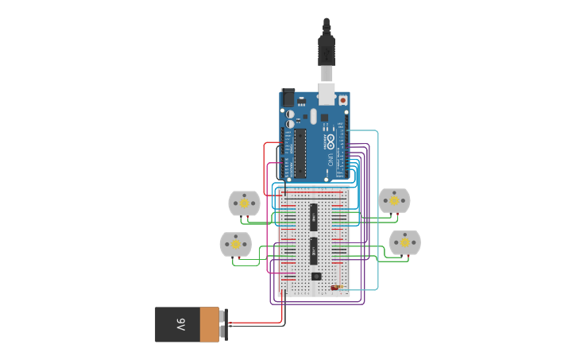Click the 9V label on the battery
[x=180, y=325]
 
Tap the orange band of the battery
[x=209, y=325]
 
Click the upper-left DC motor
[x=244, y=203]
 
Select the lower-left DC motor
[x=236, y=244]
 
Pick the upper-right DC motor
[x=394, y=201]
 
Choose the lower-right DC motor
[x=404, y=242]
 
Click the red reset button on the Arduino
[x=343, y=101]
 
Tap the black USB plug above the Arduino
[x=327, y=49]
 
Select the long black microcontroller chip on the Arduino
[x=301, y=153]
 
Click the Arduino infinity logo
[x=330, y=141]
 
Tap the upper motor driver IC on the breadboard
[x=315, y=213]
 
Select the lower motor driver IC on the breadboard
[x=315, y=250]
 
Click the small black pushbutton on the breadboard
[x=315, y=277]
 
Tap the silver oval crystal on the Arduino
[x=313, y=117]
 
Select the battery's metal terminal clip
[x=224, y=325]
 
